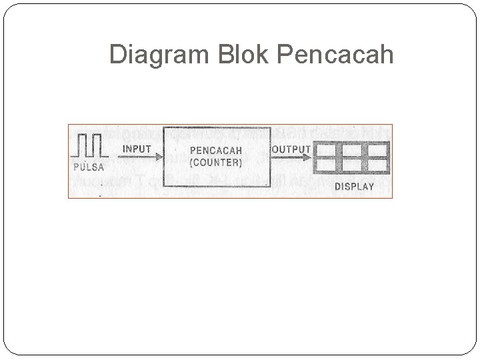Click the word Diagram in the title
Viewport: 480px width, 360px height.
[159, 55]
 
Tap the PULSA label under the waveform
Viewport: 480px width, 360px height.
[88, 166]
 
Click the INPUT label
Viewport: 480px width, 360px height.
[137, 149]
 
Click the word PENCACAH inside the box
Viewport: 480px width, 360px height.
[215, 151]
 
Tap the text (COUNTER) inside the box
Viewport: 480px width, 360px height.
[215, 162]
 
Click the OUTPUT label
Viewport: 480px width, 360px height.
[291, 149]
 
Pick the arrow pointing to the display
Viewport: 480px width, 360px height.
[291, 159]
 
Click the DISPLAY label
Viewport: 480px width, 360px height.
[354, 187]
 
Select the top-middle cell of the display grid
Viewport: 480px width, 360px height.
[351, 150]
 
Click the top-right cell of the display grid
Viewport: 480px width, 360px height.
[377, 150]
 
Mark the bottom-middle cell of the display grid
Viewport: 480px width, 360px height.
[351, 165]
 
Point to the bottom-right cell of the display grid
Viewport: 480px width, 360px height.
[377, 165]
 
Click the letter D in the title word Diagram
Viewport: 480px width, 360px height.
[117, 55]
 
